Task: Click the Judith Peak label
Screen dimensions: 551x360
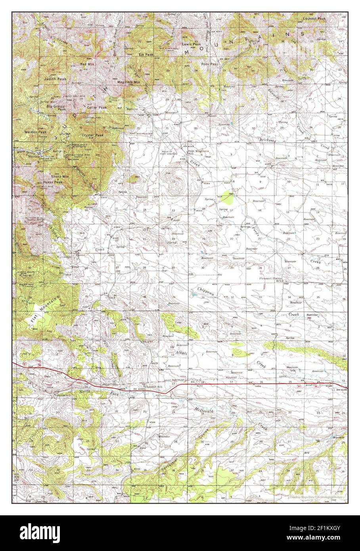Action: pyautogui.click(x=58, y=79)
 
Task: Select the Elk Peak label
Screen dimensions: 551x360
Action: pyautogui.click(x=146, y=55)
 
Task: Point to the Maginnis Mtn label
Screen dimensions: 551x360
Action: pyautogui.click(x=129, y=82)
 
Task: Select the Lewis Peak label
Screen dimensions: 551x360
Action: pyautogui.click(x=191, y=44)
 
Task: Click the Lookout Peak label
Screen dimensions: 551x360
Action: pyautogui.click(x=314, y=19)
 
